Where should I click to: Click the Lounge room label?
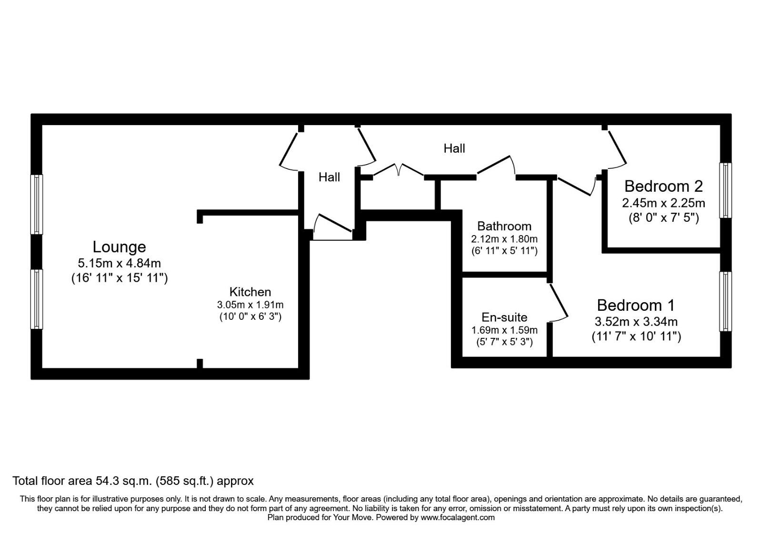tap(119, 247)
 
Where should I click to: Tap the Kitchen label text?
tap(250, 292)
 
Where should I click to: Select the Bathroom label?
tap(504, 226)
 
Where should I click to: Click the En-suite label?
tap(504, 317)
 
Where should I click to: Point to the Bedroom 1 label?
tap(636, 305)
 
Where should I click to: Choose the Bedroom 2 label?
tap(663, 186)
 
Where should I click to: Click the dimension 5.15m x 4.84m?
tap(119, 263)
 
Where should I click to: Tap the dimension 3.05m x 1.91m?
tap(250, 305)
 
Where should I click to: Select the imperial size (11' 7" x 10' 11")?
tap(636, 336)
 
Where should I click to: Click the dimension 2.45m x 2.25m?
tap(663, 203)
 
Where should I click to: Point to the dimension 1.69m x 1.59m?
tap(504, 330)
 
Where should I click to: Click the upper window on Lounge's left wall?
tap(37, 204)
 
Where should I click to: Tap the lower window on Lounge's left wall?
tap(37, 299)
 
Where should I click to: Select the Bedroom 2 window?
tap(725, 190)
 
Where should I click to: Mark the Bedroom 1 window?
tap(725, 301)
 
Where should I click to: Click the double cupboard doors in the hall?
tap(399, 170)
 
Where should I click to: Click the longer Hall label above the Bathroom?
tap(454, 148)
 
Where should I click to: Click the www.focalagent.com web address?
tap(458, 517)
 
